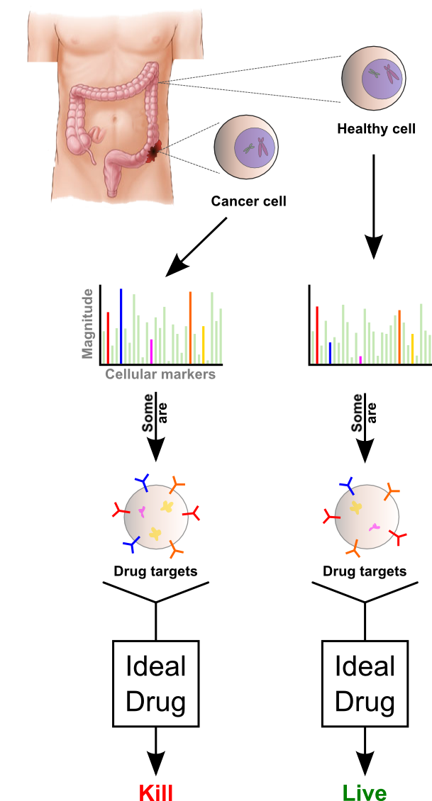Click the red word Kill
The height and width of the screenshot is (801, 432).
pyautogui.click(x=155, y=792)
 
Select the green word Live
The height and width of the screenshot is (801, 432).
pyautogui.click(x=365, y=792)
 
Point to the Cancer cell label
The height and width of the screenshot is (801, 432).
pyautogui.click(x=248, y=201)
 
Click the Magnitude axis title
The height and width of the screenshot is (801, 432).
pyautogui.click(x=88, y=323)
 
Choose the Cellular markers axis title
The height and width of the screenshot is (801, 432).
pyautogui.click(x=160, y=374)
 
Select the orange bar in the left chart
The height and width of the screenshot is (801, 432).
pyautogui.click(x=190, y=327)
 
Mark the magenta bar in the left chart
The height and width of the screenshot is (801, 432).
pyautogui.click(x=151, y=350)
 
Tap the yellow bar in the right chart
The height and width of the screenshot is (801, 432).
pyautogui.click(x=412, y=349)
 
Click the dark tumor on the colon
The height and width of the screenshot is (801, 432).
pyautogui.click(x=154, y=151)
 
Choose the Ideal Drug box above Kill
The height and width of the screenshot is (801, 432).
pyautogui.click(x=155, y=683)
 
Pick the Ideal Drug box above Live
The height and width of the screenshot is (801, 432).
pyautogui.click(x=365, y=683)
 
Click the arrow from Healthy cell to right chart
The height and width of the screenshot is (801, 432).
pyautogui.click(x=373, y=206)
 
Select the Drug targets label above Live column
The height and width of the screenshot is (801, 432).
pyautogui.click(x=365, y=571)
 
